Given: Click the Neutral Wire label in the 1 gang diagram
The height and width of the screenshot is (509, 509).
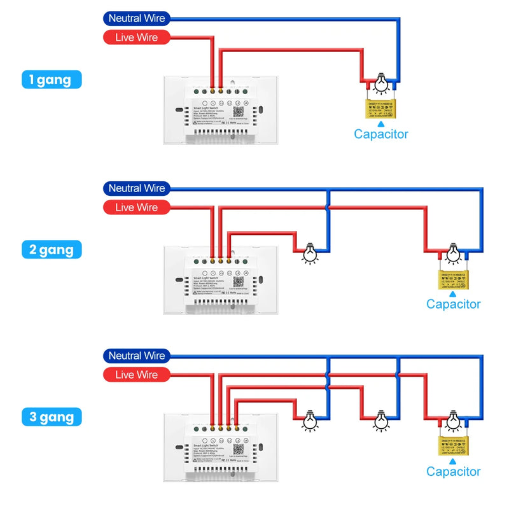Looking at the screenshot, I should pyautogui.click(x=136, y=18).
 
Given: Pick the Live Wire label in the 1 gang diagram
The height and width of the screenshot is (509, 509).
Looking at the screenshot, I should pyautogui.click(x=136, y=38).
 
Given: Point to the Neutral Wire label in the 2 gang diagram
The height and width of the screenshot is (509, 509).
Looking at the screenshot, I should pyautogui.click(x=136, y=188).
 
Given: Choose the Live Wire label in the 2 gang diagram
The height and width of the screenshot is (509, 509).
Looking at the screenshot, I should pyautogui.click(x=136, y=207).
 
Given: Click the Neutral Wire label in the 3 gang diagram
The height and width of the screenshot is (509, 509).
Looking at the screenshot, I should pyautogui.click(x=136, y=356).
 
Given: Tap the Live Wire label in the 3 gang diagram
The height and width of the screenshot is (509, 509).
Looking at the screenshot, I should pyautogui.click(x=136, y=375).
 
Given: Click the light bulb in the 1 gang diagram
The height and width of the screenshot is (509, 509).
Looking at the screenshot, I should pyautogui.click(x=380, y=83).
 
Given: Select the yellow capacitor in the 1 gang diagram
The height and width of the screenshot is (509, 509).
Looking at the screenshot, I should pyautogui.click(x=380, y=109).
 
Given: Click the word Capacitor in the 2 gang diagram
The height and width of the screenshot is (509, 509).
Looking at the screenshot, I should pyautogui.click(x=453, y=304).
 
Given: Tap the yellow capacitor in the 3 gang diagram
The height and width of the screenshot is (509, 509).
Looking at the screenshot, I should pyautogui.click(x=453, y=447).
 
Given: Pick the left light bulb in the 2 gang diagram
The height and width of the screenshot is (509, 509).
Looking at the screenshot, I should pyautogui.click(x=310, y=253).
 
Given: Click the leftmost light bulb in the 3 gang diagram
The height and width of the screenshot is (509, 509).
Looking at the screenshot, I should pyautogui.click(x=310, y=420).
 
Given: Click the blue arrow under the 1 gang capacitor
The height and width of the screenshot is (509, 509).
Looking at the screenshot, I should pyautogui.click(x=380, y=125).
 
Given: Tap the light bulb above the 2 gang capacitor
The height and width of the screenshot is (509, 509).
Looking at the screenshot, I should pyautogui.click(x=453, y=253).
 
